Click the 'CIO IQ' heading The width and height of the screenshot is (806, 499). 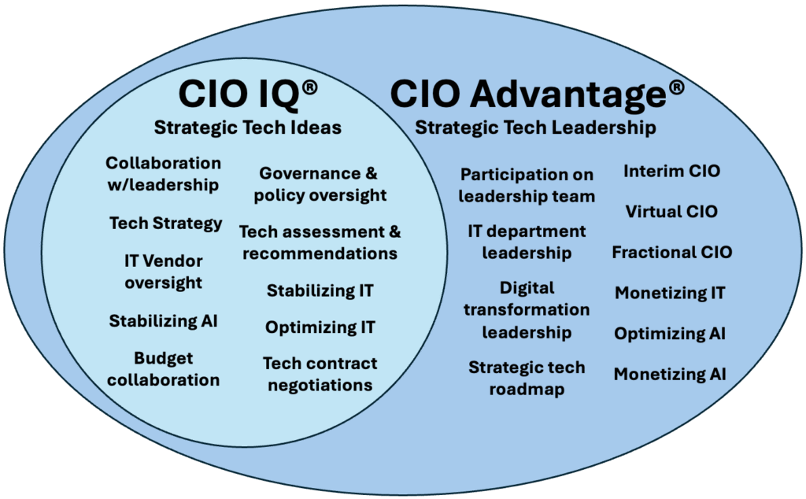(238, 94)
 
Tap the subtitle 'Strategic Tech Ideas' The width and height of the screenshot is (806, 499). (248, 128)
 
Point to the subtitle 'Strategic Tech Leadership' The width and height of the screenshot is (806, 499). (535, 128)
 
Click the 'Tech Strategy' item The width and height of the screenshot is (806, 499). (165, 224)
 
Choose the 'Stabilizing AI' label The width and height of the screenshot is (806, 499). (164, 320)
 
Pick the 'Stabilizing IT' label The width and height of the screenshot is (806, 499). (320, 291)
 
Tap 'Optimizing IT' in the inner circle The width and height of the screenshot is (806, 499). (320, 327)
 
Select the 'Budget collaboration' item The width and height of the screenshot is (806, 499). (164, 369)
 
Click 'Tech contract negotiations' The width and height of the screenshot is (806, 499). (320, 374)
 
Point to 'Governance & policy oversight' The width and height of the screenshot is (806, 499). (320, 184)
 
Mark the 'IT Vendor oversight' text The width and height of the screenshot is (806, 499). (164, 272)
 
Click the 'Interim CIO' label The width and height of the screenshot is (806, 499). (672, 171)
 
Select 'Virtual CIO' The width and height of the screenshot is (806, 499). (671, 212)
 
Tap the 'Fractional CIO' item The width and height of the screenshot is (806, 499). (672, 253)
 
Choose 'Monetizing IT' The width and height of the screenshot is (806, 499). (670, 293)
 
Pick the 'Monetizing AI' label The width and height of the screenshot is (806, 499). (670, 374)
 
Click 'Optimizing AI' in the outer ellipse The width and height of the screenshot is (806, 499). (670, 334)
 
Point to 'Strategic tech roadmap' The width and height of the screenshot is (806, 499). (527, 379)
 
